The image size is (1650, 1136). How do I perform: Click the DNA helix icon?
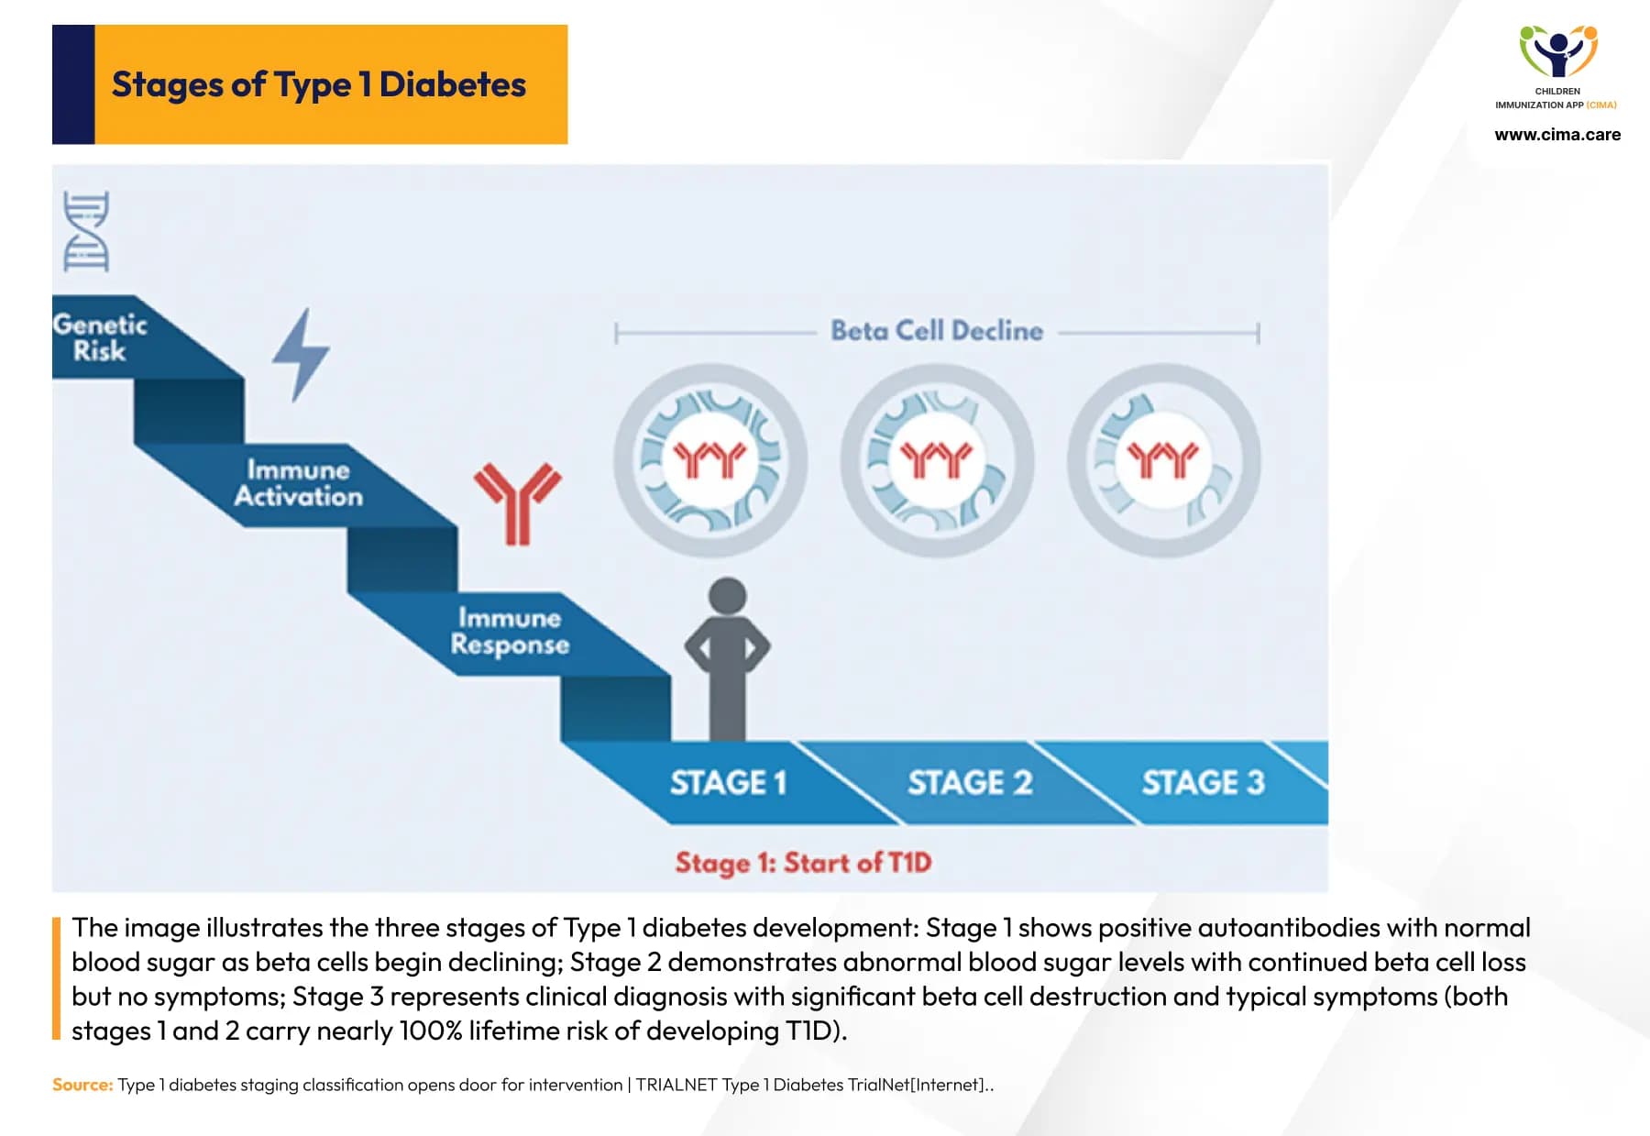86,231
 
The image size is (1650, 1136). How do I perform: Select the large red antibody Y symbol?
517,502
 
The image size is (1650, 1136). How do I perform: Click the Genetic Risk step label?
100,337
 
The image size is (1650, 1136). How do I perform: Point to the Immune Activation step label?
298,483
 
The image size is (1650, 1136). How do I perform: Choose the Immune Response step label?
510,631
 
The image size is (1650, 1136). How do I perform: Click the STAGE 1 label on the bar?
728,782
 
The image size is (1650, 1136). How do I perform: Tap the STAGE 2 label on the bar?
969,782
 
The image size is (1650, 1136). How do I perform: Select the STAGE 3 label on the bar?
1203,782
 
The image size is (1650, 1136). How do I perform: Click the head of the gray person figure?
728,596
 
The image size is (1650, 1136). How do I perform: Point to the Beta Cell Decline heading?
937,331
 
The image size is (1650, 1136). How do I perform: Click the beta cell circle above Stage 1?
710,460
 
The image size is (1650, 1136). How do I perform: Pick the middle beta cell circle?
937,460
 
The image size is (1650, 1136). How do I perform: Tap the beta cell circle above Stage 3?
1163,460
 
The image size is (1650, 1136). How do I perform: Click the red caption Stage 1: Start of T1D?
803,863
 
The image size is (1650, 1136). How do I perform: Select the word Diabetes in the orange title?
452,84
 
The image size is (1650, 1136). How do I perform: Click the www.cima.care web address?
1556,135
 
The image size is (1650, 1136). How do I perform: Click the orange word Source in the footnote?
82,1085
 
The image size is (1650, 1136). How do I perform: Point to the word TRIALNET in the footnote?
676,1085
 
